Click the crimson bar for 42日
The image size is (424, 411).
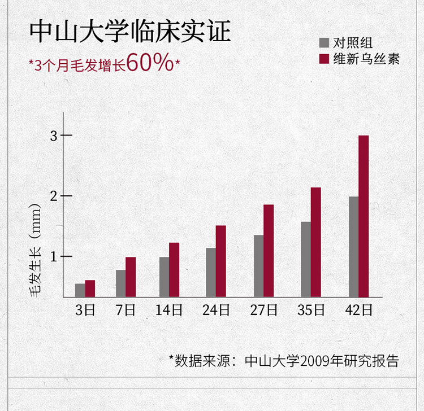click(x=364, y=216)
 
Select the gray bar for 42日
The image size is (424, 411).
click(x=353, y=247)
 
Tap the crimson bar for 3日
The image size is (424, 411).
click(x=90, y=288)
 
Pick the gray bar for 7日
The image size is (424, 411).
click(x=120, y=283)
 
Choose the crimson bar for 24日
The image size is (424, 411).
click(x=221, y=261)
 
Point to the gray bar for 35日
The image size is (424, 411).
click(x=306, y=259)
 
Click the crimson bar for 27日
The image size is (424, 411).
click(x=269, y=251)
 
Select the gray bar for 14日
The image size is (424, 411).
click(x=164, y=277)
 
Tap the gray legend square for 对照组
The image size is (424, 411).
click(x=325, y=43)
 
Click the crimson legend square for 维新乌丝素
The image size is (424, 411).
click(x=325, y=59)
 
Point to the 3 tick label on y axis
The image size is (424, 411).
click(x=54, y=136)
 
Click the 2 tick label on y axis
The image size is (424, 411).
click(x=54, y=196)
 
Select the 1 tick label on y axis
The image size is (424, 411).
click(x=54, y=257)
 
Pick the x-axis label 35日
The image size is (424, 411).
click(x=311, y=310)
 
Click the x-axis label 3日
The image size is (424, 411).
click(x=85, y=310)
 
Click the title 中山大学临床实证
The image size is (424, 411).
click(x=131, y=32)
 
